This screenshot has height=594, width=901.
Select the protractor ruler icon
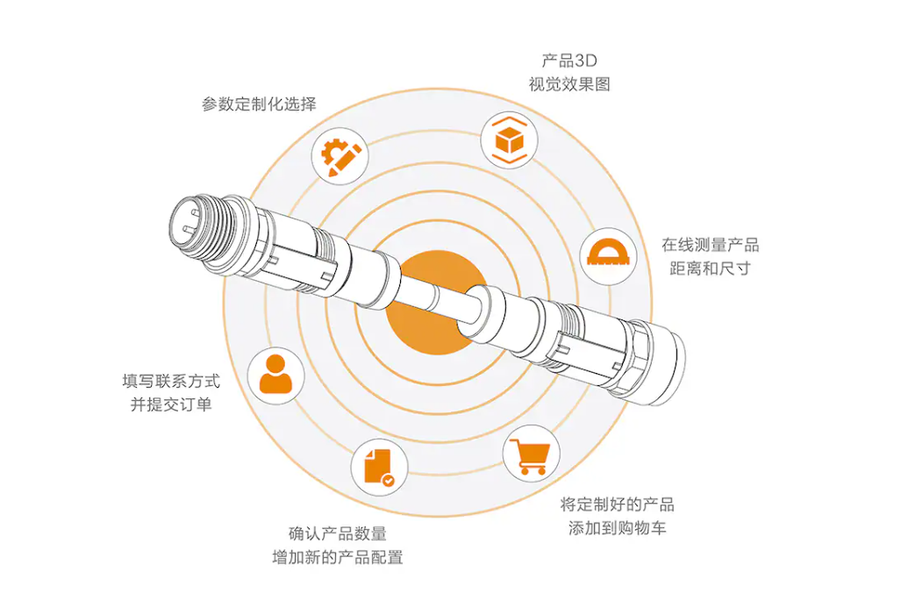click(x=605, y=254)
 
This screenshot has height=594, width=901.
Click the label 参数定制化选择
click(x=259, y=104)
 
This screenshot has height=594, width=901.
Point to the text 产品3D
click(x=569, y=61)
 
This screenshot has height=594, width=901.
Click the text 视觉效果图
click(x=569, y=84)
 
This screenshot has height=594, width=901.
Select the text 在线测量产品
click(x=710, y=245)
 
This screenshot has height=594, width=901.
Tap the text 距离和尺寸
click(x=710, y=268)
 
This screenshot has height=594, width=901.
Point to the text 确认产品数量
click(x=338, y=533)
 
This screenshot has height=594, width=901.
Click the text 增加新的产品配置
click(x=338, y=557)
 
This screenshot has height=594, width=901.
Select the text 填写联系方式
click(x=171, y=382)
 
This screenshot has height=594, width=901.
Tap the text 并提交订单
click(x=171, y=404)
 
